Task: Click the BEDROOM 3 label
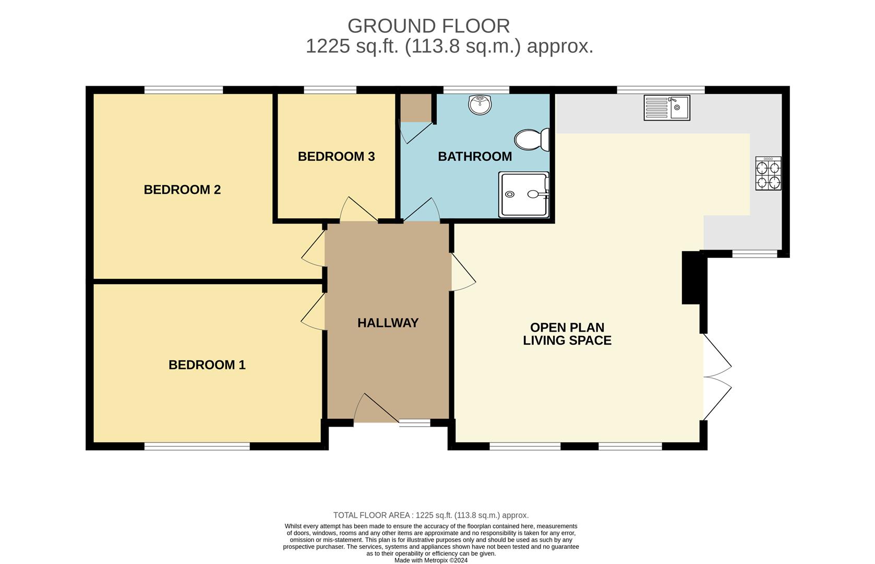336,157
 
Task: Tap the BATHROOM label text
474,157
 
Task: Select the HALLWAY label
388,323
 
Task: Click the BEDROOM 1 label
207,365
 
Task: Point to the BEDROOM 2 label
182,190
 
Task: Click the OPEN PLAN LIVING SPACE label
567,334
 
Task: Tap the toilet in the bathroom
532,140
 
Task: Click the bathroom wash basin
480,104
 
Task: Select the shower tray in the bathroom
523,194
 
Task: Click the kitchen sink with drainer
666,108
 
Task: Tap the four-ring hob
768,173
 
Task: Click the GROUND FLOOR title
428,26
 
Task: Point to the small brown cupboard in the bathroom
415,108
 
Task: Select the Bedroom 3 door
359,210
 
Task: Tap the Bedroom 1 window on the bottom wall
197,446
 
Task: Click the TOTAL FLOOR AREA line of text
431,515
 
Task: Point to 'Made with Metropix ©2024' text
431,560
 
